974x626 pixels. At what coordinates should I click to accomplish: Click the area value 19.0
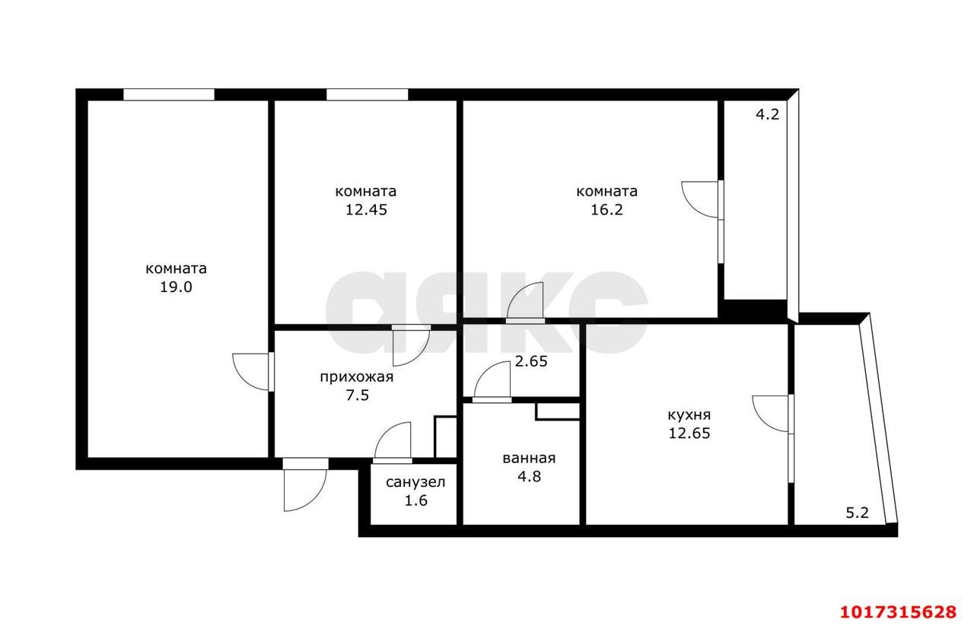[x=176, y=288]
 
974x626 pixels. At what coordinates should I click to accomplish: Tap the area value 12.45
[x=366, y=210]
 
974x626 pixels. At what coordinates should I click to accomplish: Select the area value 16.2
[x=606, y=210]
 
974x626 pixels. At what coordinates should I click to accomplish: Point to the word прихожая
[x=357, y=377]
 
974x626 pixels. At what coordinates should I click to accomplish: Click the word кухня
[x=689, y=415]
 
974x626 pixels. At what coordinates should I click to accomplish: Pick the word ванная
[x=529, y=458]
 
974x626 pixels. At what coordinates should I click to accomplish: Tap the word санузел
[x=415, y=482]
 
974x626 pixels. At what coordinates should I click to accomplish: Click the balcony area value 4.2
[x=768, y=114]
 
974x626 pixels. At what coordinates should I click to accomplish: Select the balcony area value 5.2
[x=857, y=513]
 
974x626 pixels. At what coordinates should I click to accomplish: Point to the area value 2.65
[x=531, y=361]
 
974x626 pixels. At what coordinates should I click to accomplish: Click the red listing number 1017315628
[x=899, y=612]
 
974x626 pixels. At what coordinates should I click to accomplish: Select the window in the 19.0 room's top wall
[x=169, y=95]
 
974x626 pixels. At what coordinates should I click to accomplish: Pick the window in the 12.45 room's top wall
[x=368, y=95]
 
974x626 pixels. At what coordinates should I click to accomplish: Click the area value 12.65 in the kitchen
[x=689, y=434]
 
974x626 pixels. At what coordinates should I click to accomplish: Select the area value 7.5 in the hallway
[x=357, y=396]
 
